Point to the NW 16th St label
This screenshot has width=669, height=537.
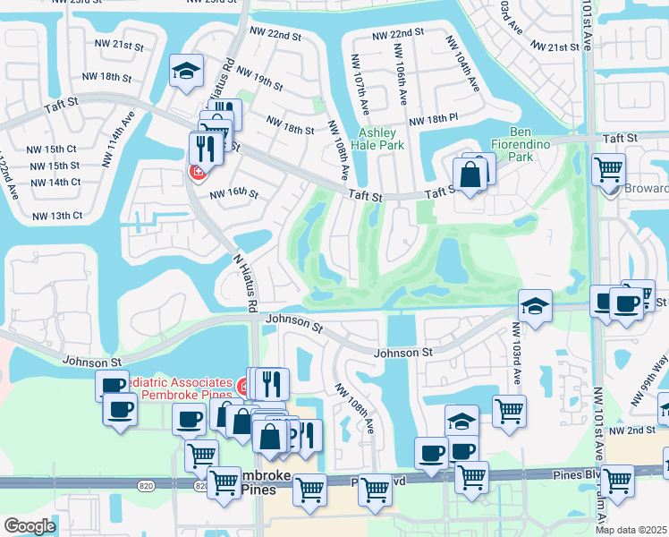(233, 193)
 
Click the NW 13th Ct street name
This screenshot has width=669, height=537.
(57, 216)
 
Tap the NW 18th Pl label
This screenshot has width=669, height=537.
(433, 119)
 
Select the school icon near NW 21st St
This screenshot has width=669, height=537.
(187, 71)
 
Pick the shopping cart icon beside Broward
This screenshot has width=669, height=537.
(608, 167)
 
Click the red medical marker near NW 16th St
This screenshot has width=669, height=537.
(196, 172)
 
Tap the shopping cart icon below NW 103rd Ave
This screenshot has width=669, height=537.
(509, 411)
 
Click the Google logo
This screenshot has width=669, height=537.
(30, 526)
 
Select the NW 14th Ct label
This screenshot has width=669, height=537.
(55, 182)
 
